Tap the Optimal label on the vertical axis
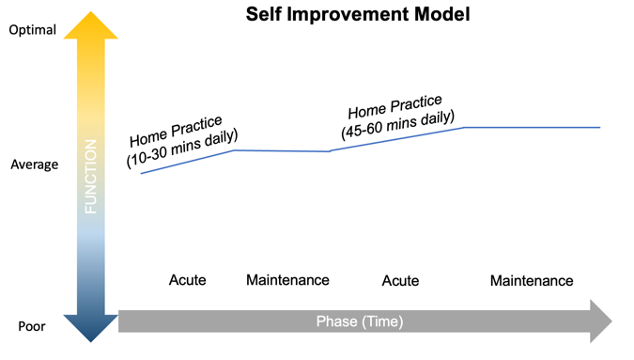click(33, 30)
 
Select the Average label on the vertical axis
click(34, 164)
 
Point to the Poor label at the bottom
click(32, 327)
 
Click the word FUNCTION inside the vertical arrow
click(91, 176)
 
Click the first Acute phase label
click(187, 280)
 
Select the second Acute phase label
click(401, 281)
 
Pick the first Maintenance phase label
click(287, 280)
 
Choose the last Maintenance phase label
click(532, 281)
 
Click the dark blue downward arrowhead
click(91, 328)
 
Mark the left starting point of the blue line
click(141, 174)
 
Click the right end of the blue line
click(600, 127)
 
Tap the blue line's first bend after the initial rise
click(234, 150)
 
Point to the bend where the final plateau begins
click(465, 127)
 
